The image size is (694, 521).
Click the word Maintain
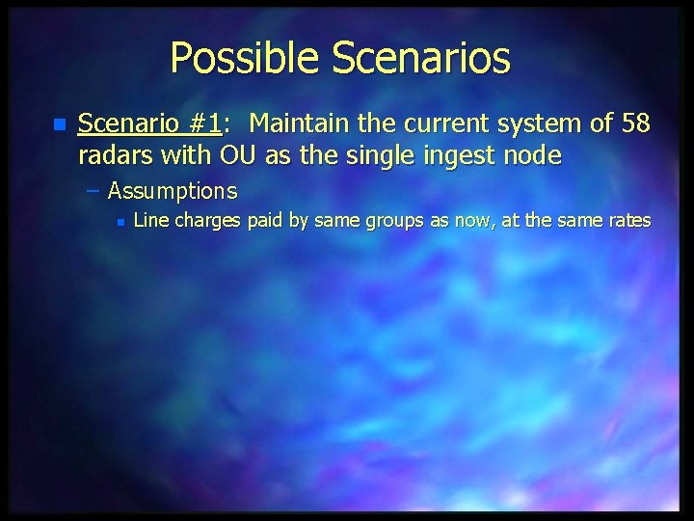[299, 123]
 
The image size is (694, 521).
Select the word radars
[111, 154]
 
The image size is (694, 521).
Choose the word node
[535, 154]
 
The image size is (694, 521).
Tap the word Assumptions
[173, 191]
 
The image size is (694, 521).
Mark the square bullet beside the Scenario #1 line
[60, 125]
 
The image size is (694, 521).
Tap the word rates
[627, 222]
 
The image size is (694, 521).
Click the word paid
[264, 222]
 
